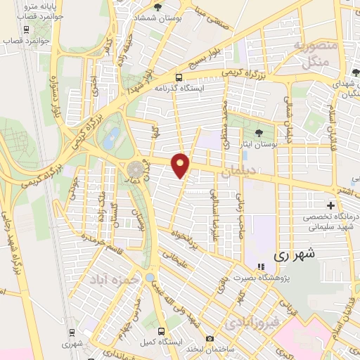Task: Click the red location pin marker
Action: click(181, 166)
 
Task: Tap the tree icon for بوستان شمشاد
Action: click(156, 7)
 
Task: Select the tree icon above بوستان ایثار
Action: click(259, 131)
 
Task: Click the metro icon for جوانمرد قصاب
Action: click(26, 30)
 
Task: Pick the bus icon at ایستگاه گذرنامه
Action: click(179, 77)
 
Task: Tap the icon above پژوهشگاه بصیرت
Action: click(259, 267)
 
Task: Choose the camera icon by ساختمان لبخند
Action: click(210, 340)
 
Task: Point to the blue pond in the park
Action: click(110, 139)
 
